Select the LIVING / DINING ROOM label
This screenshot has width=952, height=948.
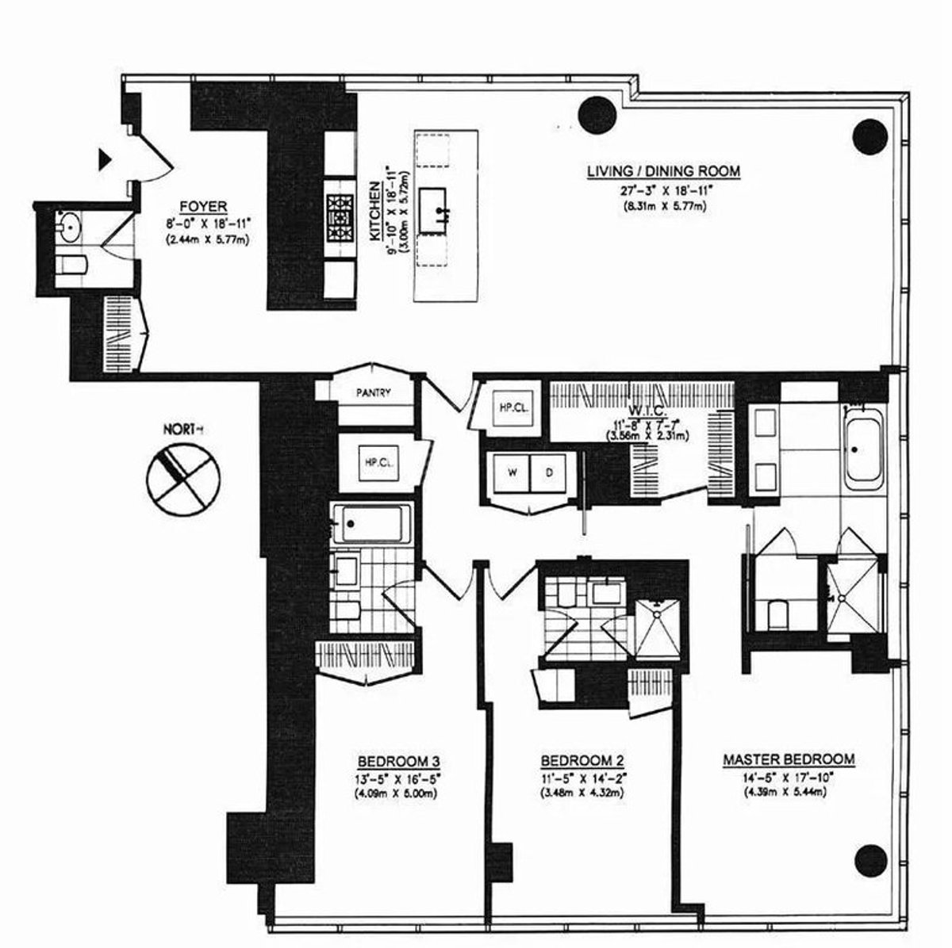click(663, 171)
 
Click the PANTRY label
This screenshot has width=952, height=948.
click(372, 392)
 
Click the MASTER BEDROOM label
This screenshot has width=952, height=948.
click(789, 759)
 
